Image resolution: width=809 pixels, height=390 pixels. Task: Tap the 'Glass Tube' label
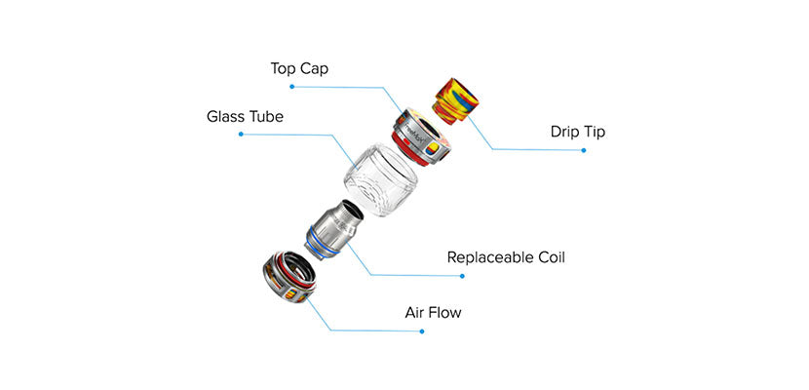tap(245, 117)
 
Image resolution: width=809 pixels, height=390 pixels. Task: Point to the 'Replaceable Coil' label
tap(506, 258)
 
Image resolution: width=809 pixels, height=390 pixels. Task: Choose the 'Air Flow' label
tap(433, 313)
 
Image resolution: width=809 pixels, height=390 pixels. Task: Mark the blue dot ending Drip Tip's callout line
tap(584, 150)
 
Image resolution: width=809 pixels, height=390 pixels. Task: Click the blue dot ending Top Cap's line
tap(290, 87)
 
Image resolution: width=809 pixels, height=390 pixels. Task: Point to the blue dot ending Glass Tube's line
tap(241, 135)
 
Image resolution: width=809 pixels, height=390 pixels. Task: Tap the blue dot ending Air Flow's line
tap(422, 331)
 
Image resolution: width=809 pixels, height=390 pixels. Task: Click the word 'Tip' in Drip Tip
tap(593, 132)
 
